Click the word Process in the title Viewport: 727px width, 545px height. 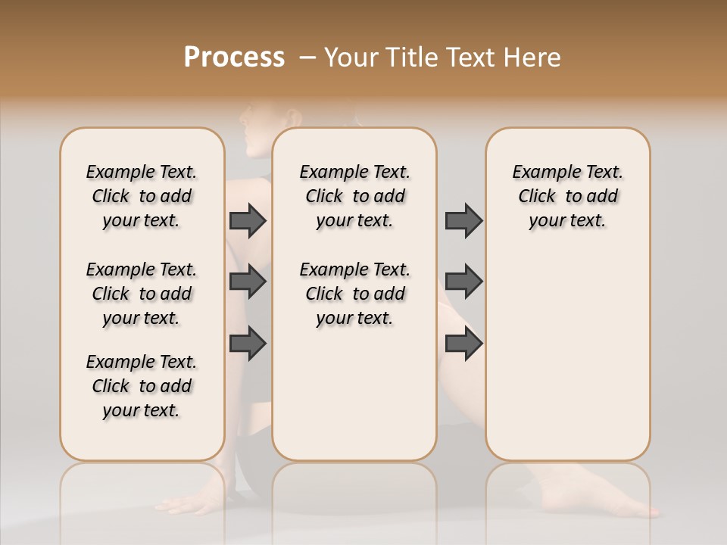click(234, 58)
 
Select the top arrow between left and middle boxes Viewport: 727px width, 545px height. click(248, 220)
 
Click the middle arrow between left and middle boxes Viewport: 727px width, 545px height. click(248, 282)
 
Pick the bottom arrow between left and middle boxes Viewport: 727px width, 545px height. click(248, 343)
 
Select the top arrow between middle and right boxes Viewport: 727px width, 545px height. click(463, 220)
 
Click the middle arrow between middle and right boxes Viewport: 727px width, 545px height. click(463, 282)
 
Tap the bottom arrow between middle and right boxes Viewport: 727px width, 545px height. click(463, 343)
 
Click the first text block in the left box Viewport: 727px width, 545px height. click(142, 196)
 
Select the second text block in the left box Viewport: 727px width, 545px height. click(142, 294)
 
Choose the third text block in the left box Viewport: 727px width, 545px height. click(142, 386)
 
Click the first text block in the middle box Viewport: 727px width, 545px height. click(354, 196)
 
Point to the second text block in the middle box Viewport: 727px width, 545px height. click(354, 294)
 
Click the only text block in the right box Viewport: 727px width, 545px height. click(567, 196)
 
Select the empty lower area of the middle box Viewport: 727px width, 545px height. click(354, 394)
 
